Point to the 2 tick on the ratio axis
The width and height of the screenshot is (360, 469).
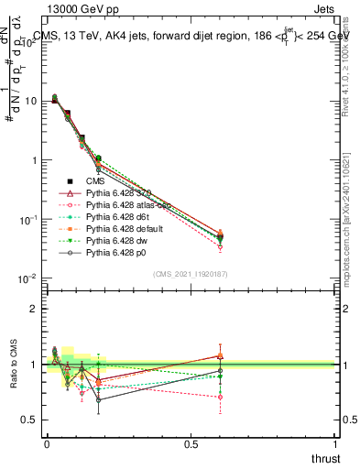point(35,309)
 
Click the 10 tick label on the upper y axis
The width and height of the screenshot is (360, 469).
point(32,101)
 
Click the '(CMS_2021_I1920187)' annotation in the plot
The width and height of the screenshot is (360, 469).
point(191,273)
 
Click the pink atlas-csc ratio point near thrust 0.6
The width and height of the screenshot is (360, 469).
point(220,397)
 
